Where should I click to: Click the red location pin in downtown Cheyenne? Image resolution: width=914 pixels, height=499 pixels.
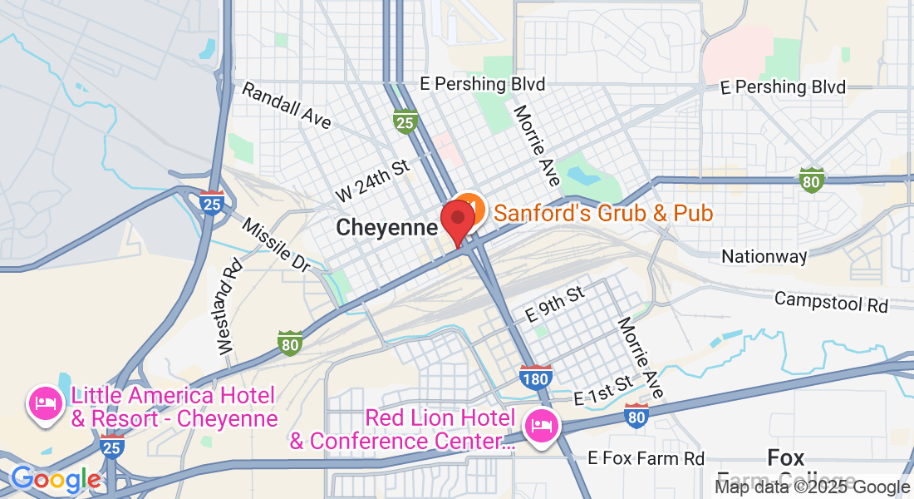(x=457, y=218)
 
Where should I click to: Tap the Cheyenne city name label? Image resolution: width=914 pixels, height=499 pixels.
(x=386, y=228)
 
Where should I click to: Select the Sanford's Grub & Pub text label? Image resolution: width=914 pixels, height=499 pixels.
(x=603, y=214)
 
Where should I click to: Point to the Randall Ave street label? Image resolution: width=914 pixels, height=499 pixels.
(x=286, y=106)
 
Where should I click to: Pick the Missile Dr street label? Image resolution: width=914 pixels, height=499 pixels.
(x=277, y=245)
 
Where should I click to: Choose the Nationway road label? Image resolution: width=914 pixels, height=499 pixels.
(x=764, y=256)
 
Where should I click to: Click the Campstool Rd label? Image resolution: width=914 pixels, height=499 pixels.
(x=831, y=301)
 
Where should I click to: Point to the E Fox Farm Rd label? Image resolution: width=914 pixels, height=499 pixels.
(x=646, y=458)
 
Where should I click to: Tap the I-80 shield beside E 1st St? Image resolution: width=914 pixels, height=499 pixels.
(x=636, y=416)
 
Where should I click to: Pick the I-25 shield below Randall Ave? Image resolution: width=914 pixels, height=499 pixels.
(x=405, y=121)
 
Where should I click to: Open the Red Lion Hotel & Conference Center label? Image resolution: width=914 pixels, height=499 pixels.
(x=402, y=429)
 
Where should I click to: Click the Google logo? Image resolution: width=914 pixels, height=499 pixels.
(x=56, y=480)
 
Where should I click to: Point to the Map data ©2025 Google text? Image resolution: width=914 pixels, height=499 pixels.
(x=812, y=487)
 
